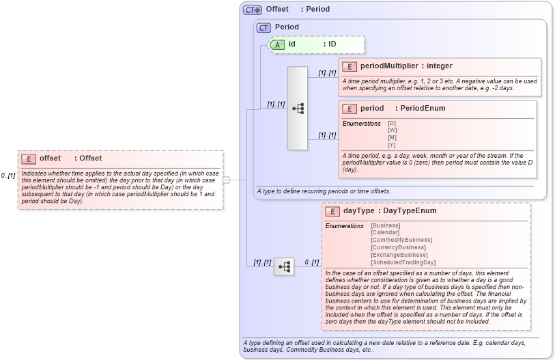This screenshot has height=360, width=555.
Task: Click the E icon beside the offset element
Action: pos(29,158)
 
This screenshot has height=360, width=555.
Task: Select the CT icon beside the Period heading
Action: pos(264,27)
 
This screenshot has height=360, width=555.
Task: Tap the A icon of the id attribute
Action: pos(277,44)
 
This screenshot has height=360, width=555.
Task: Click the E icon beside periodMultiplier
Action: pos(350,66)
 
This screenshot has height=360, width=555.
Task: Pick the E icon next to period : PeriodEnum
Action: pos(350,109)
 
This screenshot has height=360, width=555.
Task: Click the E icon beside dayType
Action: pos(332,211)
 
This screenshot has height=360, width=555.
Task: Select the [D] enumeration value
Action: pos(392,123)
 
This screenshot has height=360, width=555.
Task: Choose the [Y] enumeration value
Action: pos(392,145)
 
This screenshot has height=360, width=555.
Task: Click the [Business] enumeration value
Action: pos(386,225)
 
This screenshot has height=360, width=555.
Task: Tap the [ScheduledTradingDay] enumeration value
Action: pos(403,262)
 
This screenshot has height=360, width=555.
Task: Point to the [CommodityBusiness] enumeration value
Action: pos(401,240)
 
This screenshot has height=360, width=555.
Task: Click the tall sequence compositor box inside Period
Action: pos(298,108)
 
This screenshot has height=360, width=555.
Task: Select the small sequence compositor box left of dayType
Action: pos(283,266)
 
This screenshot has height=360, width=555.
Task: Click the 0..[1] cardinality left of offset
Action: pos(8,176)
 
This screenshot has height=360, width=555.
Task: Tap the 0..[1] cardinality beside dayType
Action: pos(311,262)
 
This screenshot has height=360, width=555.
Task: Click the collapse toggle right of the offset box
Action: pos(226,180)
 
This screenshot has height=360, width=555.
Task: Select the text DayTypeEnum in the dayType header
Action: pos(410,211)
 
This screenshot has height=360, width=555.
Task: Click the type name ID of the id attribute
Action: pos(332,44)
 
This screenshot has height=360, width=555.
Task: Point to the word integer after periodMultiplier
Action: pos(439,66)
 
